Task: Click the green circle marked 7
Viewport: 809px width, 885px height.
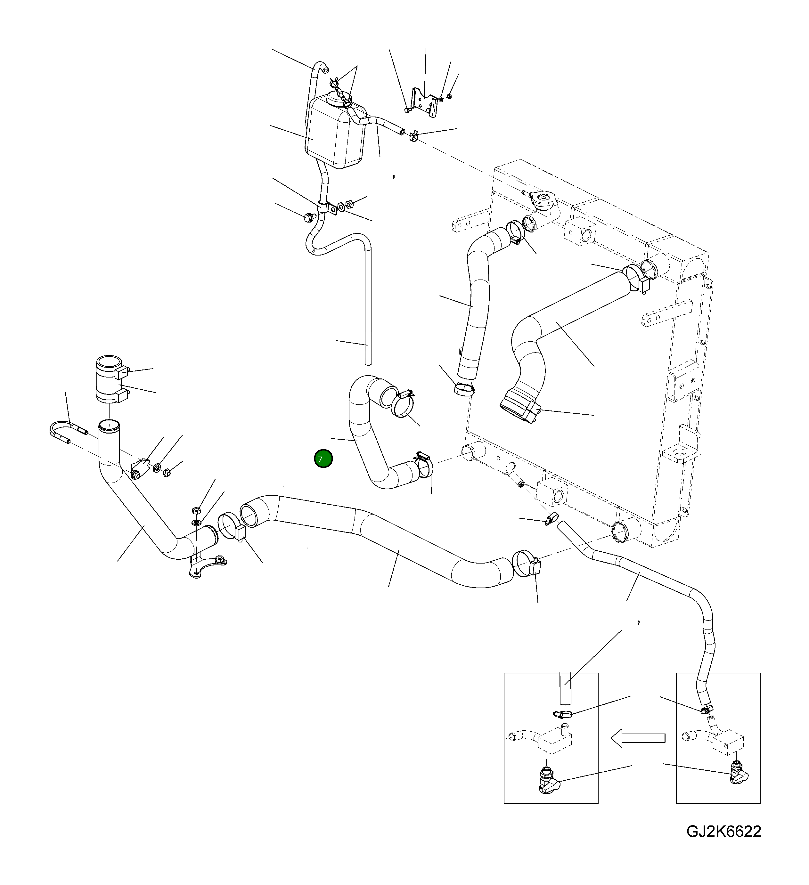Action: coord(323,459)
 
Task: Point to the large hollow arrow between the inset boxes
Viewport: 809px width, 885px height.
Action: coord(638,738)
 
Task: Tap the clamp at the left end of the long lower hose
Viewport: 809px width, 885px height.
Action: coord(230,526)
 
